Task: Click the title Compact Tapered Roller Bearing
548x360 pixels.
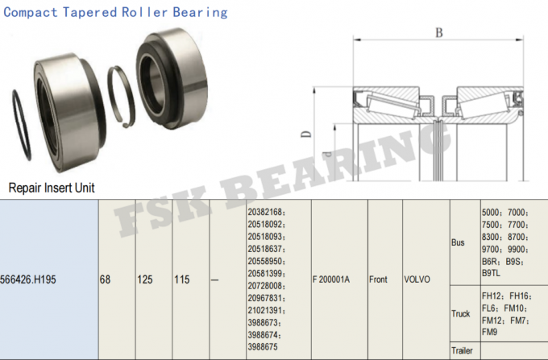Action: pyautogui.click(x=116, y=12)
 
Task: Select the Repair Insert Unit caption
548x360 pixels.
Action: pyautogui.click(x=51, y=188)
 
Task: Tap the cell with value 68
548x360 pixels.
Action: pyautogui.click(x=105, y=279)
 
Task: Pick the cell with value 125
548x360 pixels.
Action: pyautogui.click(x=145, y=279)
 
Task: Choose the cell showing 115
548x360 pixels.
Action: pyautogui.click(x=182, y=279)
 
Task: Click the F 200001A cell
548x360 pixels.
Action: pyautogui.click(x=330, y=279)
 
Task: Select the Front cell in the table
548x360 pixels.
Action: pyautogui.click(x=378, y=279)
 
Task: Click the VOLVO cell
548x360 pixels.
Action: pyautogui.click(x=417, y=279)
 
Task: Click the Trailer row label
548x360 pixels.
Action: pyautogui.click(x=462, y=351)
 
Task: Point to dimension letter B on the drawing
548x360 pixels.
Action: pyautogui.click(x=438, y=33)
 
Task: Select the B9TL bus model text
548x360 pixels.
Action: pyautogui.click(x=492, y=273)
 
